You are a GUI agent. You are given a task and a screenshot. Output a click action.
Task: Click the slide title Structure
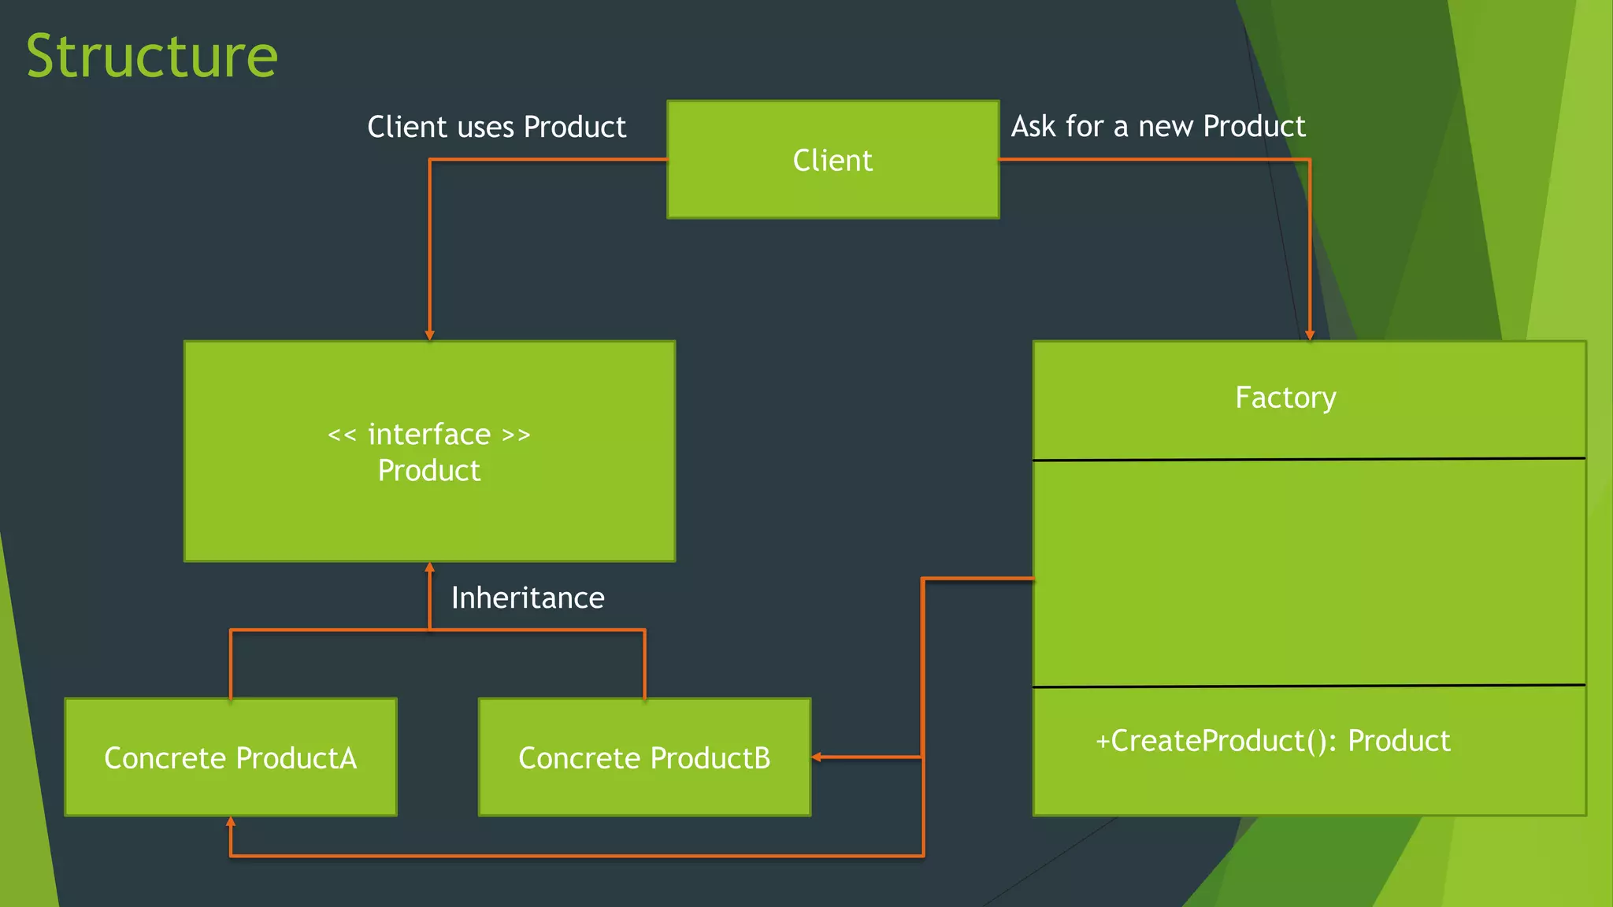tap(152, 56)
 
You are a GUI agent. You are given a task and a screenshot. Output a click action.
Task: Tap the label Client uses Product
tap(496, 127)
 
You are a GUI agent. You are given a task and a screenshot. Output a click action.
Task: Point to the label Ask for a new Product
tap(1158, 126)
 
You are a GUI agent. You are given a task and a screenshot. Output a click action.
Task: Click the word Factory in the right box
tap(1285, 398)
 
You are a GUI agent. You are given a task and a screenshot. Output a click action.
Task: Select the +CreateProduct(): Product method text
tap(1272, 741)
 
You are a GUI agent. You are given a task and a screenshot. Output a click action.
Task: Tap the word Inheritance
tap(528, 598)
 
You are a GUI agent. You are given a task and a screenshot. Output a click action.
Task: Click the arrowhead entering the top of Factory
tap(1310, 335)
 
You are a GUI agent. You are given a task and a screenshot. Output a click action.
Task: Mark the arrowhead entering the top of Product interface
tap(429, 335)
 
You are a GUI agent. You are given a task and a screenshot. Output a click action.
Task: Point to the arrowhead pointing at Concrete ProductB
tap(817, 757)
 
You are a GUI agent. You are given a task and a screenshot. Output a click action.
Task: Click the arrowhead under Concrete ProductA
tap(231, 822)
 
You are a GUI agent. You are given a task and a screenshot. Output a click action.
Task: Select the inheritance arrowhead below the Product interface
tap(429, 567)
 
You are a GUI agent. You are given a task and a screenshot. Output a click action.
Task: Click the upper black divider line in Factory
tap(1309, 458)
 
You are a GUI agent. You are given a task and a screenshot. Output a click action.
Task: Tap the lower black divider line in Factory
tap(1309, 686)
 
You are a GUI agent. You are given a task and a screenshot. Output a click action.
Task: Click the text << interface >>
tap(429, 435)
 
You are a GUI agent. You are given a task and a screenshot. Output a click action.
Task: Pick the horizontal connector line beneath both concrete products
tap(575, 856)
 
